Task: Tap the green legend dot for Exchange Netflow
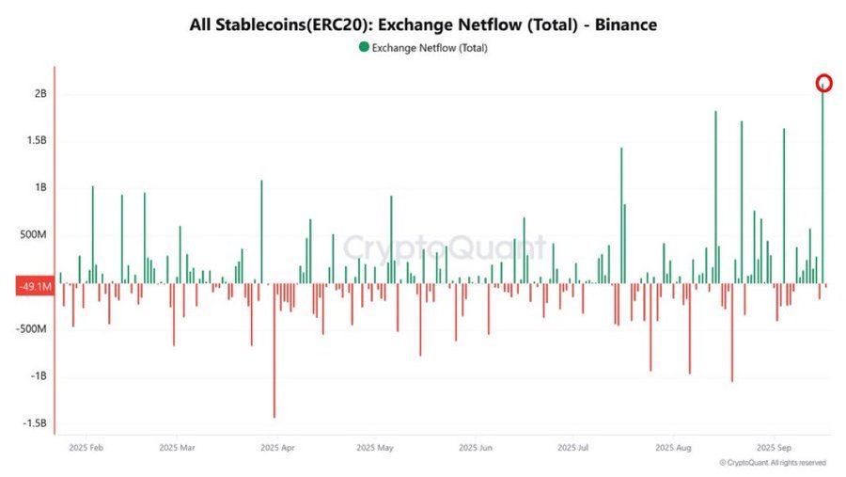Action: pyautogui.click(x=364, y=47)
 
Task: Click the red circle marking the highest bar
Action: pyautogui.click(x=823, y=83)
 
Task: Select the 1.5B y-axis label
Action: pyautogui.click(x=38, y=141)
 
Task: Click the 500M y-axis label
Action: pyautogui.click(x=35, y=235)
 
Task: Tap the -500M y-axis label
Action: pyautogui.click(x=33, y=329)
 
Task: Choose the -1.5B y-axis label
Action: pyautogui.click(x=36, y=423)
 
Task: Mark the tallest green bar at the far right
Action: pyautogui.click(x=823, y=188)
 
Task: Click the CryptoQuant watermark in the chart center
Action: pyautogui.click(x=444, y=247)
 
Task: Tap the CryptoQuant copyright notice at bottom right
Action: pyautogui.click(x=773, y=463)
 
